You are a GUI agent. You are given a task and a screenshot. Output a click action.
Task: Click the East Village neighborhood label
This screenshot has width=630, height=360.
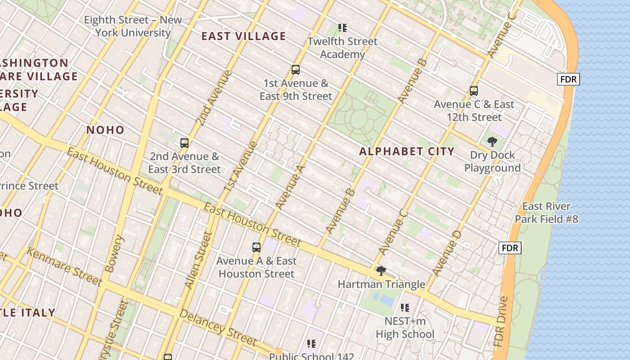click(243, 36)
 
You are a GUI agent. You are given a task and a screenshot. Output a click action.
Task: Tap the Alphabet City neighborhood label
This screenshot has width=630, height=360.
click(407, 151)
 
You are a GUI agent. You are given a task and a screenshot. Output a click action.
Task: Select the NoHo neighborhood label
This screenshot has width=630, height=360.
click(105, 130)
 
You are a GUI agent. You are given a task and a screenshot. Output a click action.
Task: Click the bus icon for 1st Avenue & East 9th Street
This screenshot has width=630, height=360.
click(296, 70)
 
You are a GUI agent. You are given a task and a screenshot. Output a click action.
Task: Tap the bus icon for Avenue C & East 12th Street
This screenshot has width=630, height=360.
click(473, 91)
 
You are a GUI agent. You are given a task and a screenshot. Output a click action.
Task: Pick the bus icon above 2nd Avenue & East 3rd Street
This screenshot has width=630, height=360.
click(184, 143)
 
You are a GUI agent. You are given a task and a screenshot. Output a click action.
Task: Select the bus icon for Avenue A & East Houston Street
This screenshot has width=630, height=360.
click(256, 247)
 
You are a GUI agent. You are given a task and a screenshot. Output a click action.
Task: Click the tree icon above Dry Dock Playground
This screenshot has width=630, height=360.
click(492, 142)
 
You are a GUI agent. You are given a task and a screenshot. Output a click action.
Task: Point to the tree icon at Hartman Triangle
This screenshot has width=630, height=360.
click(381, 270)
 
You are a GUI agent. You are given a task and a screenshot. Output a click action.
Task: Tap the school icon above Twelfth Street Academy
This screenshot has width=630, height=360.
click(342, 28)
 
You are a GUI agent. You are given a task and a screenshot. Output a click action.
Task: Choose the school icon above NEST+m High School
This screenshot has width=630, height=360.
click(405, 308)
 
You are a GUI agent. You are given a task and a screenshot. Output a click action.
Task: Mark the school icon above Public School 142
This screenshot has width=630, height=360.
click(311, 344)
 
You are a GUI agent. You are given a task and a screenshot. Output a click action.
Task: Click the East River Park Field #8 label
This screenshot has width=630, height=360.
click(546, 213)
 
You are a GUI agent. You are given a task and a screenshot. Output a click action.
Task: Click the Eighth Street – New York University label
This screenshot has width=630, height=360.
click(133, 26)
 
